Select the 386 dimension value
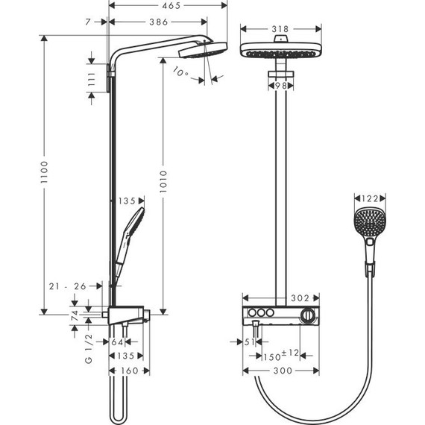pos(157,23)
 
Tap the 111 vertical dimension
pos(92,81)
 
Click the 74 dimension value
pos(74,315)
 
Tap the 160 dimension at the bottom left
pos(130,371)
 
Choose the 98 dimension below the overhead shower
pos(279,85)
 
